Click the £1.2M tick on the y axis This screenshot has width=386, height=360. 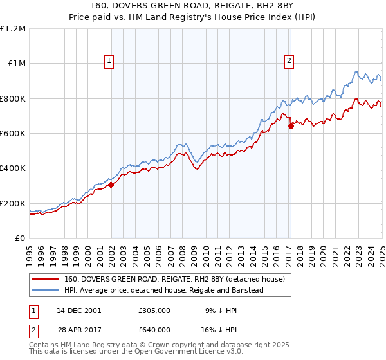(x=13, y=29)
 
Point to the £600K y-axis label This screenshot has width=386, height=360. (x=13, y=134)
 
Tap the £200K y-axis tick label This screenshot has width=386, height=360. (x=13, y=203)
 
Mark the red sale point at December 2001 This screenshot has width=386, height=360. (x=111, y=184)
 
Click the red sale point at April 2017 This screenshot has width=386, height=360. (x=291, y=126)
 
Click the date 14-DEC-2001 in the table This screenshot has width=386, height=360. (x=78, y=310)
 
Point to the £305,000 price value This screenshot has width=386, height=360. (x=154, y=310)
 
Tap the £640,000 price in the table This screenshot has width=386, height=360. (x=154, y=329)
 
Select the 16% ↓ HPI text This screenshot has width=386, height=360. (x=218, y=329)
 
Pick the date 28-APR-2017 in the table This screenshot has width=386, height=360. (x=78, y=329)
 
